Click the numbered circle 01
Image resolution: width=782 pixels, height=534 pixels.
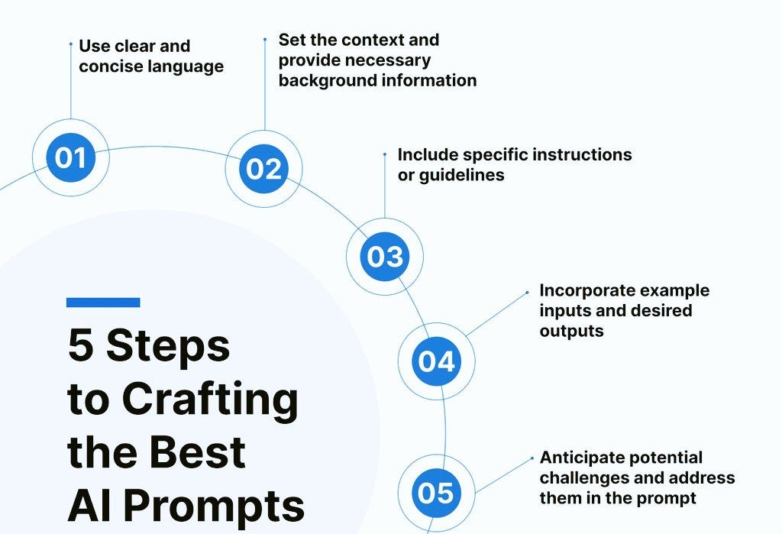(x=70, y=157)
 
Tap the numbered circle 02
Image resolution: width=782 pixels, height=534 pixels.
(x=263, y=169)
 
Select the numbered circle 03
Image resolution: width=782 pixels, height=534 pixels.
(x=384, y=256)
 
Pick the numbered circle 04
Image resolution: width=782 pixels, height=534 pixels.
(x=436, y=361)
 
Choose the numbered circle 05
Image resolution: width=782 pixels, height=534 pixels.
(x=436, y=492)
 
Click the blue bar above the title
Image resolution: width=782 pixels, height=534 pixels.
(x=103, y=303)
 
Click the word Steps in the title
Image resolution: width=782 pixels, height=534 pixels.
(x=168, y=345)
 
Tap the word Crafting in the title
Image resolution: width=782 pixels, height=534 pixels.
(x=210, y=399)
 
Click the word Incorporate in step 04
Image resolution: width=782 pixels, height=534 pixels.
(x=586, y=290)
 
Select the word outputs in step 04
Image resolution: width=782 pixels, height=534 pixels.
(x=571, y=331)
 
